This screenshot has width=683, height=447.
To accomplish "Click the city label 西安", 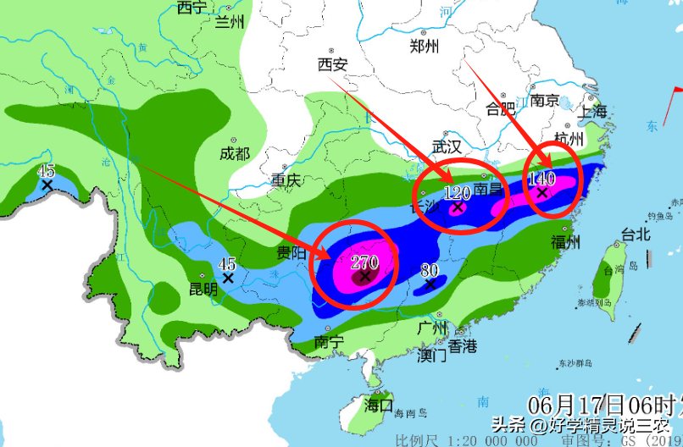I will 332,64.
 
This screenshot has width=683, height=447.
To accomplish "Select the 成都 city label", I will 235,153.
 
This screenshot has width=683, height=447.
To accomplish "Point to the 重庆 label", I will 286,179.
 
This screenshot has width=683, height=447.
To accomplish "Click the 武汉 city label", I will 447,146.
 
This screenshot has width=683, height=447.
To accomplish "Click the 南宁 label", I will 329,342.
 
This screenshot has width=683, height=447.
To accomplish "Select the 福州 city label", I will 565,243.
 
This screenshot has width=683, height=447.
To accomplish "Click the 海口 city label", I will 379,406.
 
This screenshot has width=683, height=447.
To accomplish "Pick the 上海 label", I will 593,111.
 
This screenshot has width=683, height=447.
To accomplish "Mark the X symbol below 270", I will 366,276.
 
